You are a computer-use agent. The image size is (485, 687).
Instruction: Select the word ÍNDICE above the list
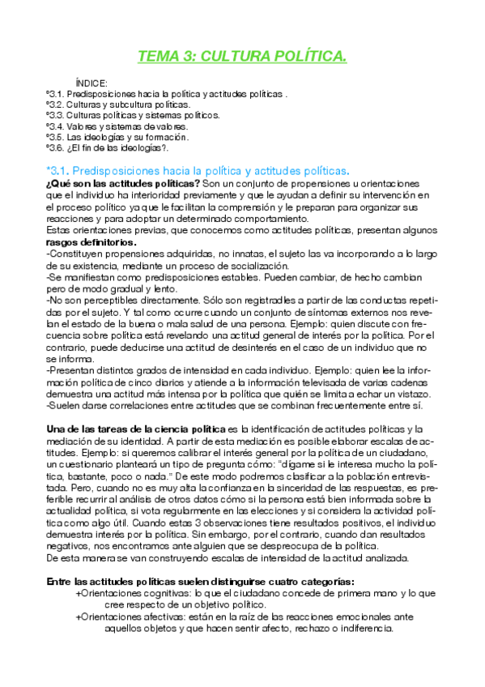(91, 83)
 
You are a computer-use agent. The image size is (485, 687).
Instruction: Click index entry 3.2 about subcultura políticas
(118, 105)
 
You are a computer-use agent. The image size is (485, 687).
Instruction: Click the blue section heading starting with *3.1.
(198, 171)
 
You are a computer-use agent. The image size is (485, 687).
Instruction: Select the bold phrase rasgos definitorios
(91, 242)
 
